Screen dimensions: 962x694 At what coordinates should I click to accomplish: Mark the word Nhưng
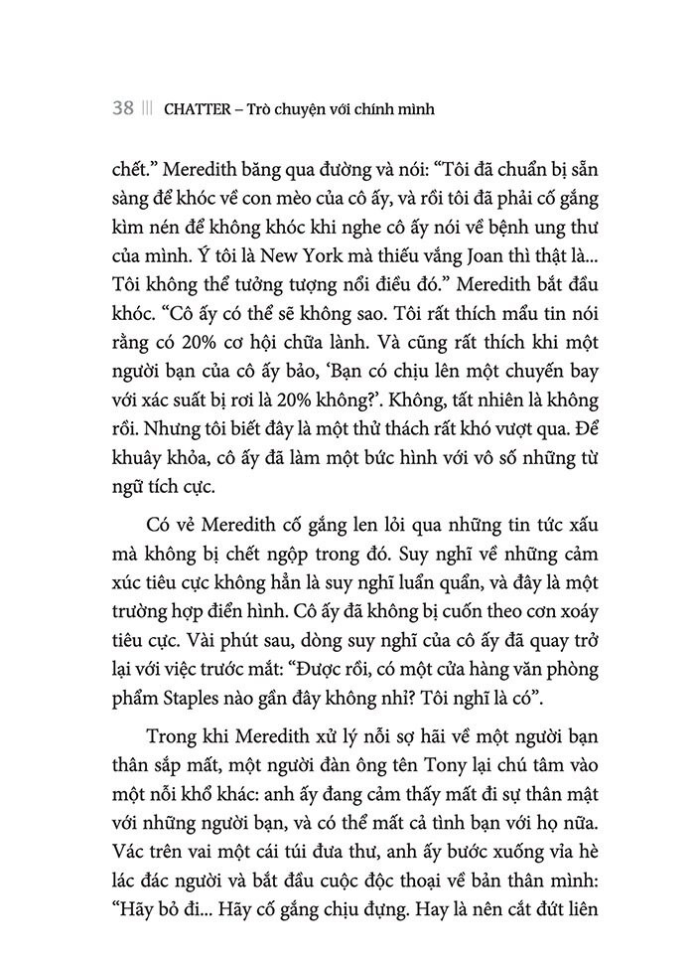tap(172, 435)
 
